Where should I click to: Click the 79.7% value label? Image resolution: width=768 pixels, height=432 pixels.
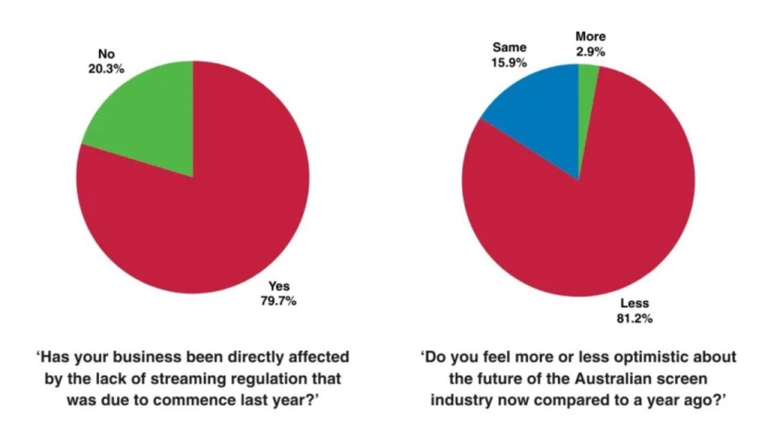283,301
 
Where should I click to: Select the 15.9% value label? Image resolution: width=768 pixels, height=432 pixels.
509,62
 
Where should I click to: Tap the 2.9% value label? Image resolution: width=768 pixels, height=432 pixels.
590,51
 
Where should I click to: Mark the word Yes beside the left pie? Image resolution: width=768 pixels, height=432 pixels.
279,286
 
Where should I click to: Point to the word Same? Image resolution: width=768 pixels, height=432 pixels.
509,47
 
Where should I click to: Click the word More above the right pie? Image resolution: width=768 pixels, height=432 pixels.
590,36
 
